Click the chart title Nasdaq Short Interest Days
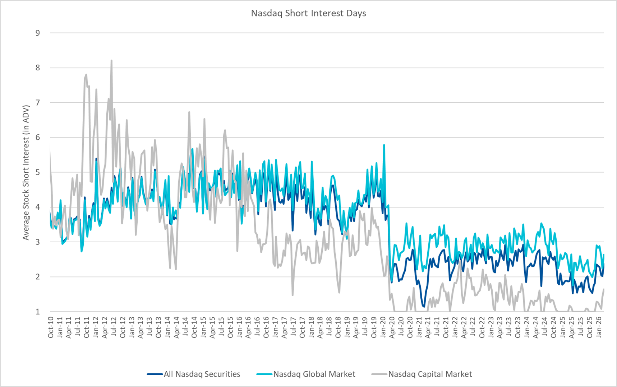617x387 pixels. coord(308,13)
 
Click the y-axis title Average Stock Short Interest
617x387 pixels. coord(26,173)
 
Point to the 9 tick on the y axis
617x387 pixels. coord(38,33)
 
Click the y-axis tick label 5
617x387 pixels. coord(38,172)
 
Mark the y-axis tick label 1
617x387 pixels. coord(38,312)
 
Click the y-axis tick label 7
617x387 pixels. coord(38,103)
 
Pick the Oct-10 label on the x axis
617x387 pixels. coord(51,327)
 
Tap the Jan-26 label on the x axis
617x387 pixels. coord(599,327)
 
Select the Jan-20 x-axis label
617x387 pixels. coord(383,327)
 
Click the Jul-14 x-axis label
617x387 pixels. coord(185,327)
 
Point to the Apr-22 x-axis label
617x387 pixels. coord(464,327)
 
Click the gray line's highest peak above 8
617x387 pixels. coord(111,61)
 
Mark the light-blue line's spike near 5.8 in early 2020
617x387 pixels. coord(384,145)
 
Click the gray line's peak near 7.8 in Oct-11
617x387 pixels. coord(86,75)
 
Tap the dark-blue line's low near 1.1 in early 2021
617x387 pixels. coord(424,307)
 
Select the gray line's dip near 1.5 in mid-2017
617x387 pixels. coord(293,295)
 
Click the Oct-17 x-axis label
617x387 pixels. coord(302,327)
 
